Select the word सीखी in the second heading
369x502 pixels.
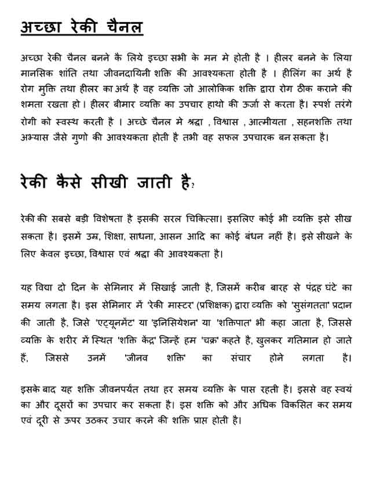(119, 183)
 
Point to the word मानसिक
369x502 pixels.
(36, 74)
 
